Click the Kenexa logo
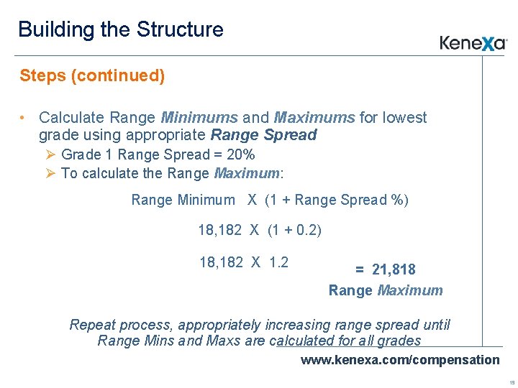[x=473, y=43]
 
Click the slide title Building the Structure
[x=121, y=29]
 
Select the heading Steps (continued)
[x=92, y=75]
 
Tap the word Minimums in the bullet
[x=199, y=117]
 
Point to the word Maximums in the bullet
[x=314, y=117]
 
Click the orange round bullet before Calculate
[x=24, y=118]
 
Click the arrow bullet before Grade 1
[x=50, y=154]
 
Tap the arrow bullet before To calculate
[x=50, y=173]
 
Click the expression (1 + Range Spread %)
[x=337, y=200]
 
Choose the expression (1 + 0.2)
[x=295, y=230]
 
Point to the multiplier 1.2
[x=278, y=262]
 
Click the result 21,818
[x=394, y=269]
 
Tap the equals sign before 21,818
[x=360, y=270]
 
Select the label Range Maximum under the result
[x=386, y=290]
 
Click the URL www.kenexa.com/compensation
[x=399, y=359]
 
